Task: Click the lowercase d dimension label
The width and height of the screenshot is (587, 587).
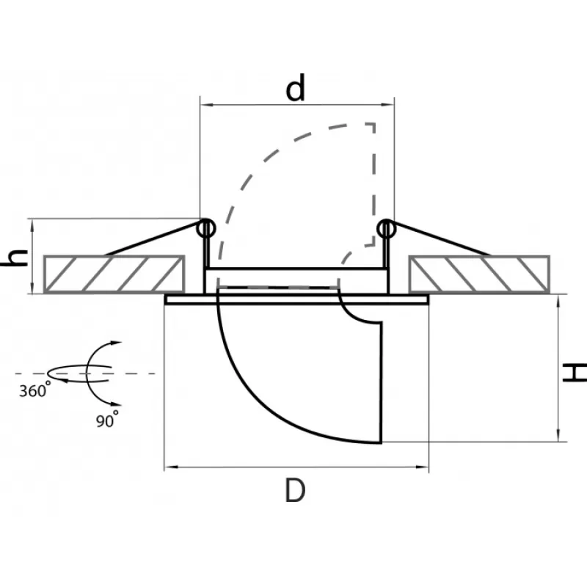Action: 296,88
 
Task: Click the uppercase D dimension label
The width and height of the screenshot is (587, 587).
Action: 295,490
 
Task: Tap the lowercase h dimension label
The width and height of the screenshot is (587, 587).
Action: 15,258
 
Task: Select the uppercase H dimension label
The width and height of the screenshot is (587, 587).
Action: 575,372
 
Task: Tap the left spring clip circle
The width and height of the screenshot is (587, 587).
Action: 206,228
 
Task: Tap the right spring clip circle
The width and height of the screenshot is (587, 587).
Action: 386,229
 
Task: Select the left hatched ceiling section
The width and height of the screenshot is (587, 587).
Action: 114,274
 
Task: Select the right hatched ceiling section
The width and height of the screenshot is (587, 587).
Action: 479,274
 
